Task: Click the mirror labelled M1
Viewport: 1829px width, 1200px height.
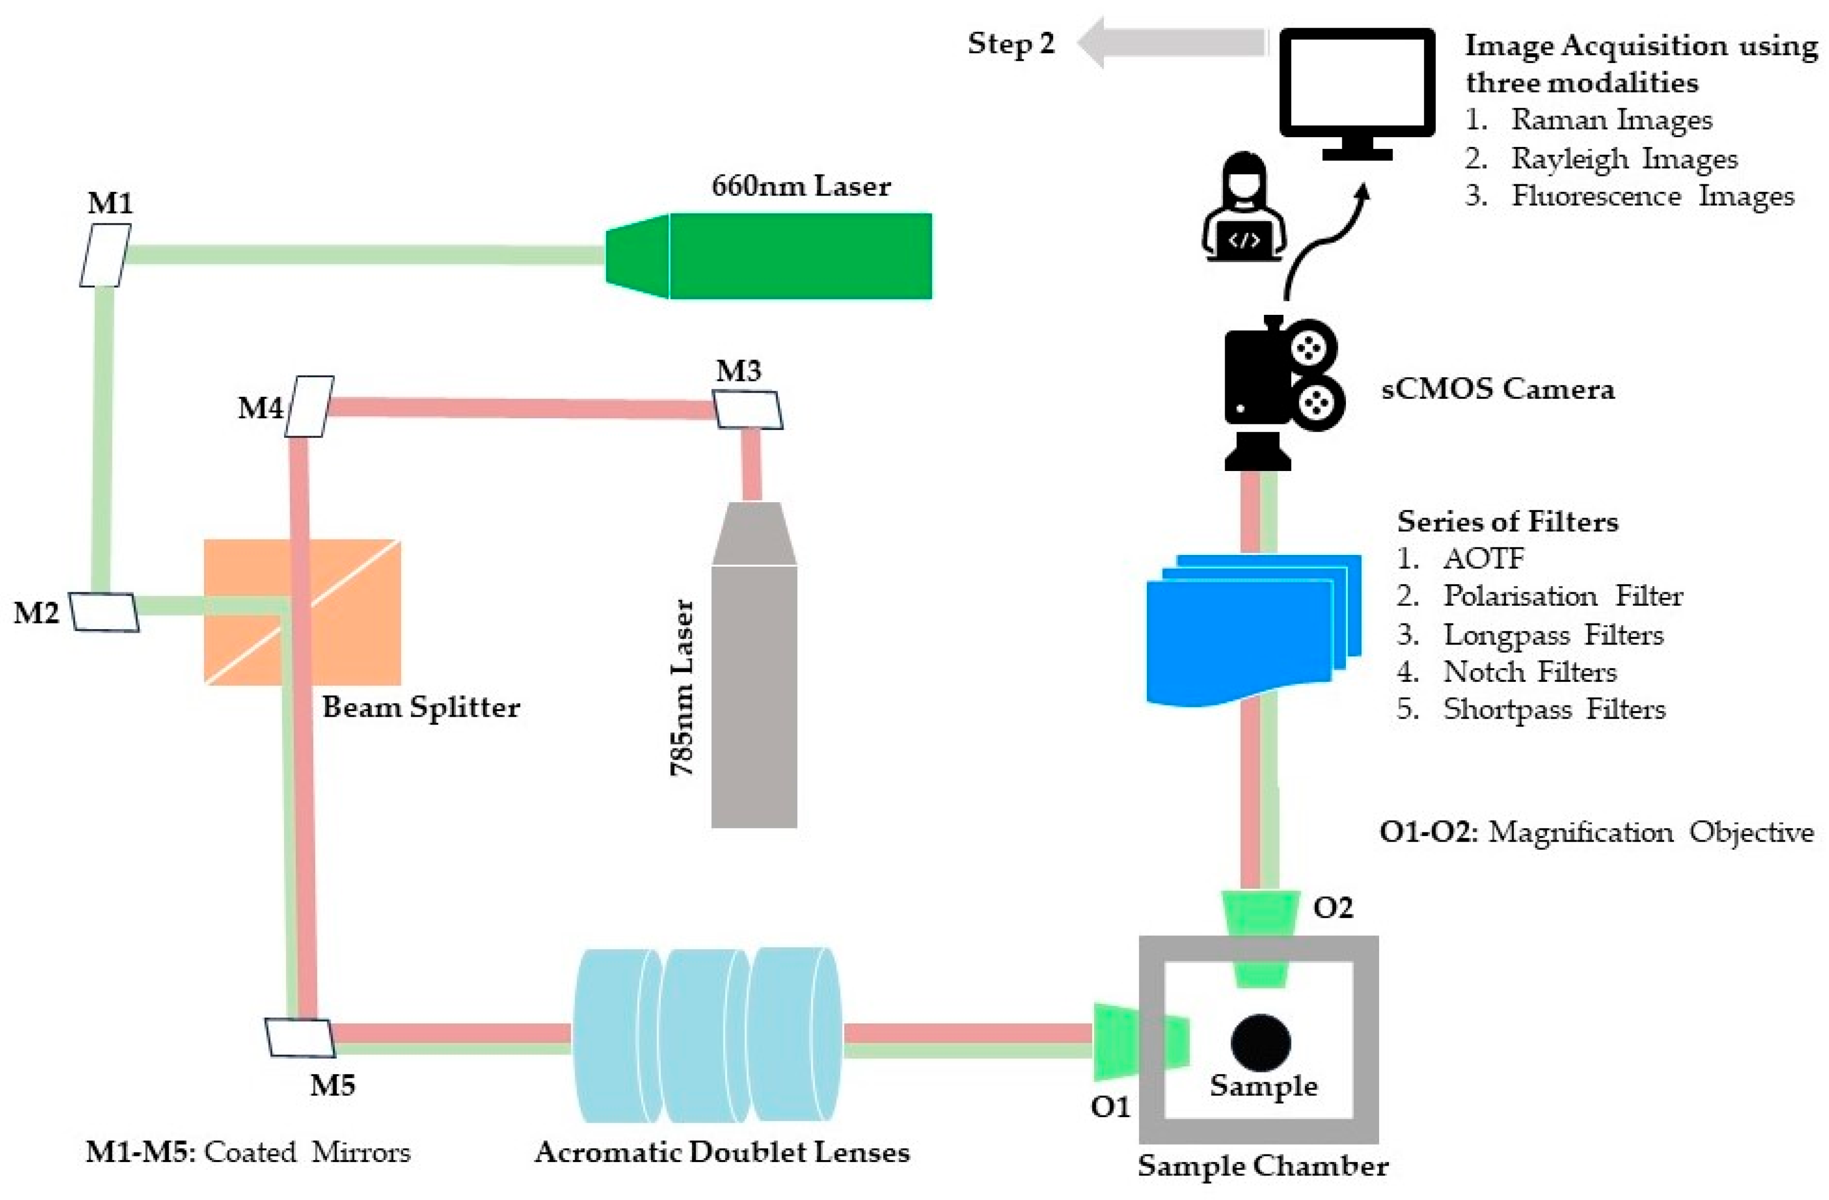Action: pos(105,255)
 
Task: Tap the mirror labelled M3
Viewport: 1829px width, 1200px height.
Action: pos(748,410)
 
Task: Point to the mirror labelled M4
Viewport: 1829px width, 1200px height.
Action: pos(310,406)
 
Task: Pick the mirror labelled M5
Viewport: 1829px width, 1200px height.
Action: pos(300,1038)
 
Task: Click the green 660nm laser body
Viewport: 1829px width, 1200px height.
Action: pos(799,256)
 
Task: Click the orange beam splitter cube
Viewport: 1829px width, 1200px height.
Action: pos(302,612)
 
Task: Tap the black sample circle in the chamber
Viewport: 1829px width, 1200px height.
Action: pos(1260,1042)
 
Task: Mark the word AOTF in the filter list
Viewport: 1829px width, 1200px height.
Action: pos(1483,559)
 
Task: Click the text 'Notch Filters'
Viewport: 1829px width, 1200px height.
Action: pos(1529,672)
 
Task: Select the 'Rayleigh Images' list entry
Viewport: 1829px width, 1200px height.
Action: pos(1624,158)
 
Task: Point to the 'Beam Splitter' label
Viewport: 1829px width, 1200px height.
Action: pos(420,707)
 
